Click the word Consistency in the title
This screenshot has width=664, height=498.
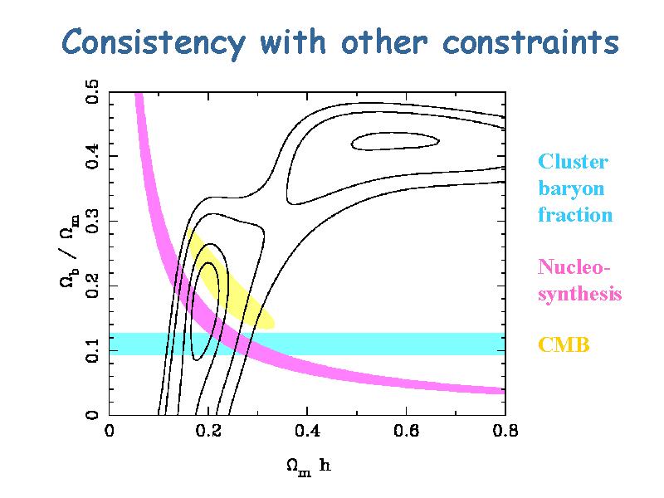[154, 43]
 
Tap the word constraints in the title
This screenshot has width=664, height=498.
[531, 43]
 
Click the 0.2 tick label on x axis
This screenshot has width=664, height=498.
[208, 431]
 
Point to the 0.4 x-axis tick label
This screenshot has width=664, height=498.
[307, 431]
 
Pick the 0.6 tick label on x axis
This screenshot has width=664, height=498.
[406, 431]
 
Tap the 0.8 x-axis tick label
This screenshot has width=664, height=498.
[505, 431]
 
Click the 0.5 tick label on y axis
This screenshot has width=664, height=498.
[92, 91]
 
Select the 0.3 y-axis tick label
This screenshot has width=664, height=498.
[92, 221]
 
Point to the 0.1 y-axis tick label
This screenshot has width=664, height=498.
[92, 350]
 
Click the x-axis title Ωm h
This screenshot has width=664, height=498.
[308, 466]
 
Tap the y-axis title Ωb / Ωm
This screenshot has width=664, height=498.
[69, 251]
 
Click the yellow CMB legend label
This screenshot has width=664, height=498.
[564, 344]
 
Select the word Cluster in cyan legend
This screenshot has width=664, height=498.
[573, 161]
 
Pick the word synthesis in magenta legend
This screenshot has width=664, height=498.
[579, 294]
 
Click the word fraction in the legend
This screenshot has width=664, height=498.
[575, 215]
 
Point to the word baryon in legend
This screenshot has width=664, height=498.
[571, 189]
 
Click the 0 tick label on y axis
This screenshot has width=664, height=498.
[92, 415]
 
